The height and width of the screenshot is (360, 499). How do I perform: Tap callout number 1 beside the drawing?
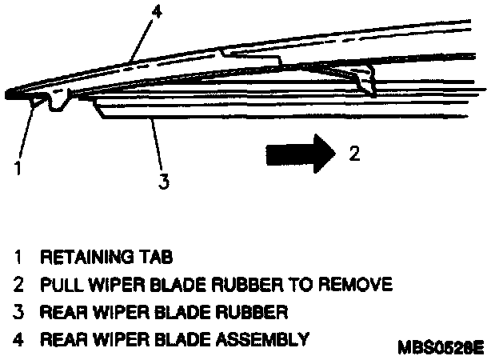pyautogui.click(x=16, y=169)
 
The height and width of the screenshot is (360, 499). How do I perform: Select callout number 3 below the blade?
pyautogui.click(x=163, y=182)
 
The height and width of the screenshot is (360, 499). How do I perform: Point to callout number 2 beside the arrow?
pyautogui.click(x=355, y=153)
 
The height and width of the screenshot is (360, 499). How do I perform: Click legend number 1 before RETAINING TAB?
pyautogui.click(x=18, y=258)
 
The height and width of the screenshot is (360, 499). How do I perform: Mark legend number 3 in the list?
pyautogui.click(x=18, y=311)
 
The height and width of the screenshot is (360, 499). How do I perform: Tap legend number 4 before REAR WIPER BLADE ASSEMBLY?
pyautogui.click(x=18, y=338)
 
